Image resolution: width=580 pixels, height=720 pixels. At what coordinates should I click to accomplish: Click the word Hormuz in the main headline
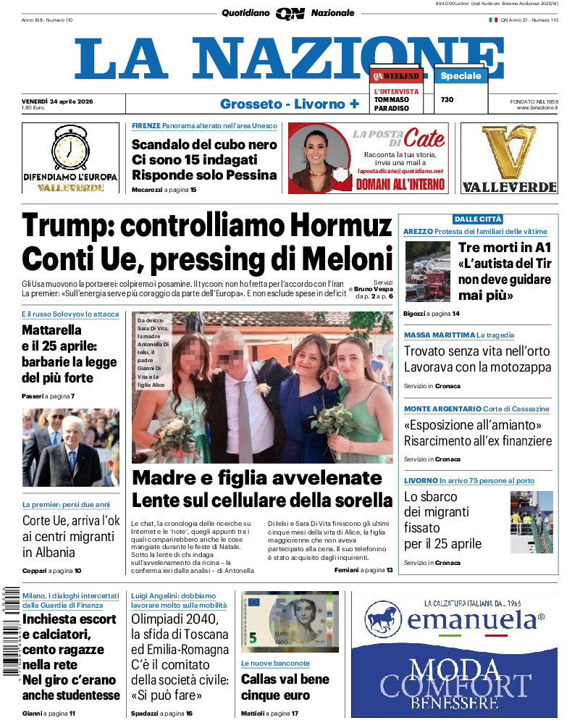click(x=331, y=226)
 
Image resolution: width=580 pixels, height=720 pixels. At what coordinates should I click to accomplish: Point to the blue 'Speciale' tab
click(x=461, y=76)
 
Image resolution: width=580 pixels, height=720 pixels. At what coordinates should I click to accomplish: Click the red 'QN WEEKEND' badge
click(x=396, y=76)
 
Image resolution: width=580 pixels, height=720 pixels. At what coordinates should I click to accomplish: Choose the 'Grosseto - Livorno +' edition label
click(x=290, y=104)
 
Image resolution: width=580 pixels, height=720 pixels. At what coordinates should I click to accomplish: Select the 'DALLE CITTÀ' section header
click(x=478, y=219)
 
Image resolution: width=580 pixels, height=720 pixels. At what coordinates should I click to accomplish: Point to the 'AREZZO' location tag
click(x=418, y=232)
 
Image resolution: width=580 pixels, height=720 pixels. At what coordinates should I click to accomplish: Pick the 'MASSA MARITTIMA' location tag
click(x=438, y=335)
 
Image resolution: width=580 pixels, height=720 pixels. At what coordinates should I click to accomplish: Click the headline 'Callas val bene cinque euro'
click(x=285, y=687)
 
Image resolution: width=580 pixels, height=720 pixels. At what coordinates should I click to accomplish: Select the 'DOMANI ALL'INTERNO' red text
click(x=400, y=185)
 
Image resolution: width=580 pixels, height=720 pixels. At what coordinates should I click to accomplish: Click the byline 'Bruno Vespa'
click(x=374, y=289)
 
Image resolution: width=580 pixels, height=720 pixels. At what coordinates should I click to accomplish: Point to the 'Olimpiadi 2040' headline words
click(x=174, y=619)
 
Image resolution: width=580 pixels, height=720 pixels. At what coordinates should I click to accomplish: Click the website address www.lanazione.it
click(x=537, y=108)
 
